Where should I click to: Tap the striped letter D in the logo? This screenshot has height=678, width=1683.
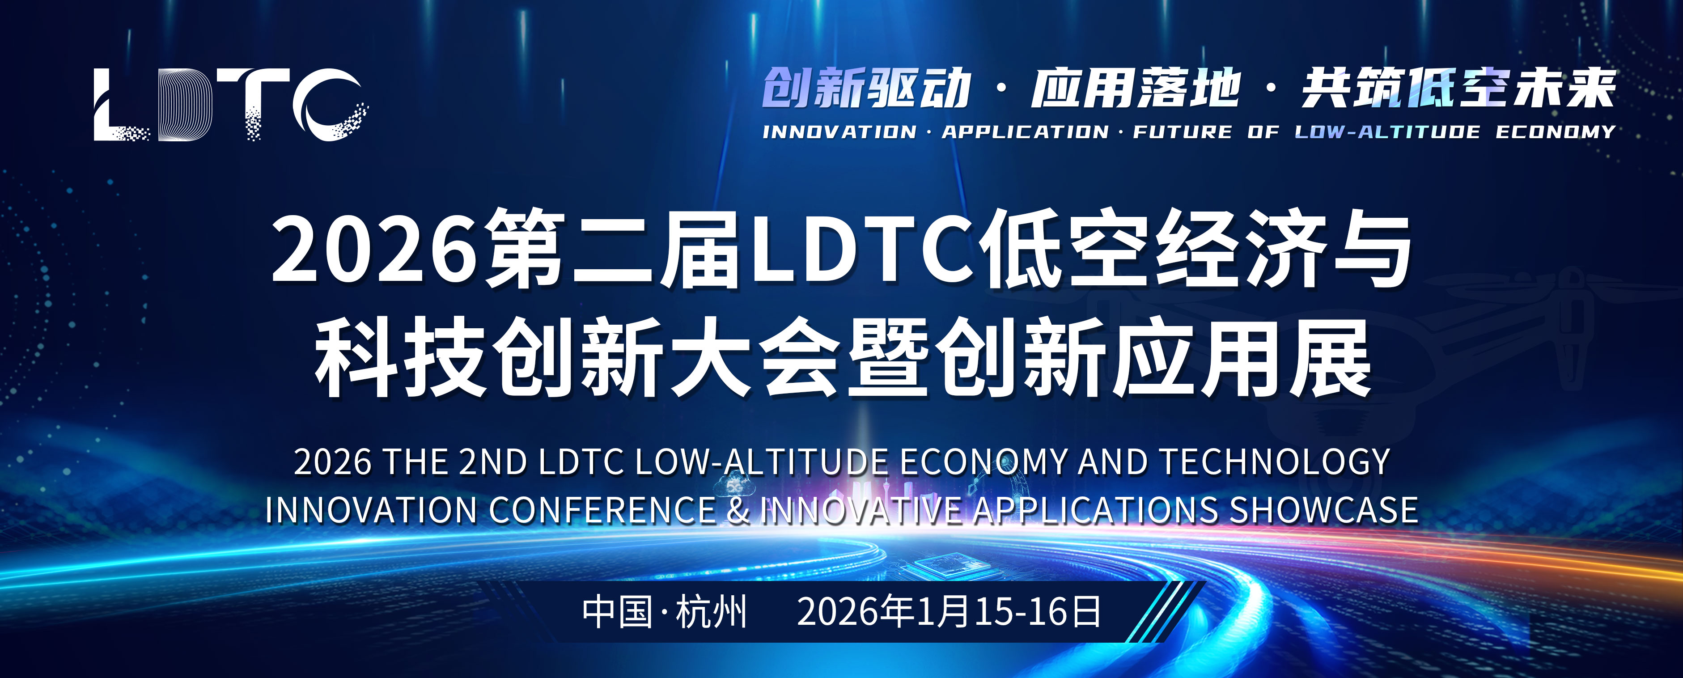(x=186, y=105)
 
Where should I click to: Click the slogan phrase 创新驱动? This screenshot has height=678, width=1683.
(x=866, y=88)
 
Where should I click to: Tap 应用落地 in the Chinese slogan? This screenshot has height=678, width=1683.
(x=1136, y=88)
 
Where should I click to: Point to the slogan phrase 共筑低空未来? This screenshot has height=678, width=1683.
(x=1458, y=88)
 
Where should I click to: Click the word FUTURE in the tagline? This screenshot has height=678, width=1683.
(x=1182, y=132)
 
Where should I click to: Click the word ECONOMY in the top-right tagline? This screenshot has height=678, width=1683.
(x=1556, y=132)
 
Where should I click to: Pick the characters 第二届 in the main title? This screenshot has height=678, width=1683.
(x=614, y=250)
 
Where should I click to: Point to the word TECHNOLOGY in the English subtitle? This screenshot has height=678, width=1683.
(x=1274, y=462)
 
